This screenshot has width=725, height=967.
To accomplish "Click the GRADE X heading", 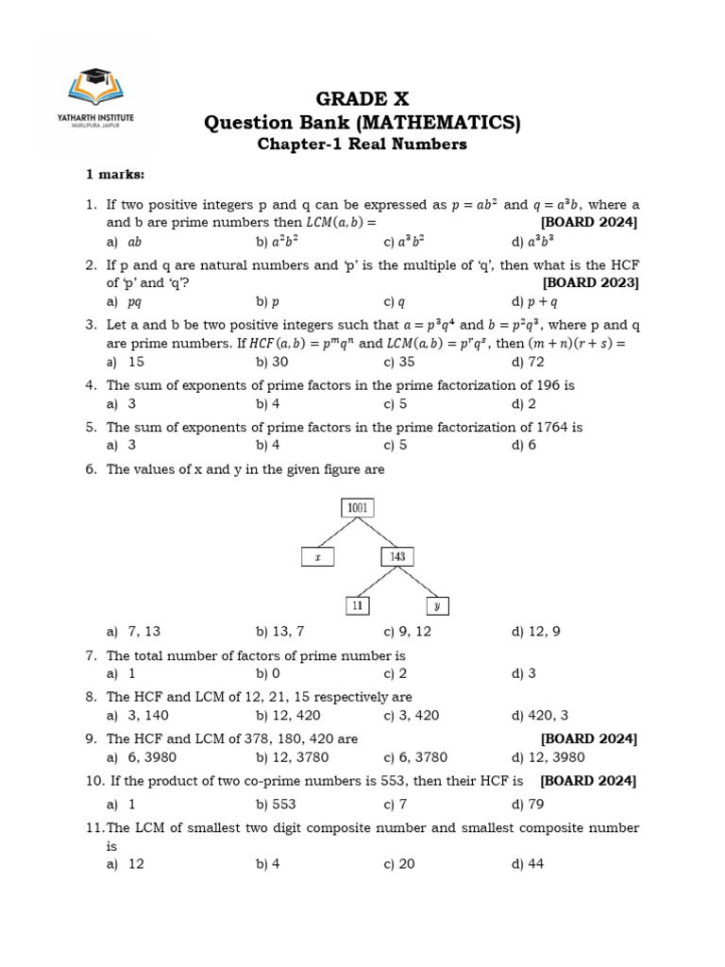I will coord(362,99).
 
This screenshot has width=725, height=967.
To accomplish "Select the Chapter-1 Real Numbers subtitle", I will coord(362,144).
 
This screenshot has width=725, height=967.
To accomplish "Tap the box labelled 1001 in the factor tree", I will coord(357,508).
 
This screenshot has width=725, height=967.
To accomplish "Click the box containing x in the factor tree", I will coord(318,557).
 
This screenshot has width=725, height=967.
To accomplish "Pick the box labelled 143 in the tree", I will coord(397,557).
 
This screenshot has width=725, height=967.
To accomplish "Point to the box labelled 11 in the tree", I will coord(356,606).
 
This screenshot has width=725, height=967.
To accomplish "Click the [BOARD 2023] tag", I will coord(591,283).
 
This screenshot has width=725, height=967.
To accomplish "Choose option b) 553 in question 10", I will coord(276,805).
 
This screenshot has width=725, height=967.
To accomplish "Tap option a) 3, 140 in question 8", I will coord(138,716).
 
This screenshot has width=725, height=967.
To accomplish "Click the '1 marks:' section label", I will coord(117,176).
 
